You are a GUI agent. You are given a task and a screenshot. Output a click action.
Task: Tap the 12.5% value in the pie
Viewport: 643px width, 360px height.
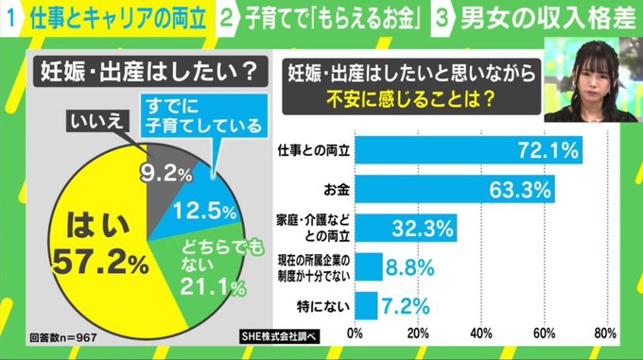pos(204,212)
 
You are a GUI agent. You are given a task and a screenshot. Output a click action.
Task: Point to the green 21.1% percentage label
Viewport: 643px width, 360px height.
pos(213,286)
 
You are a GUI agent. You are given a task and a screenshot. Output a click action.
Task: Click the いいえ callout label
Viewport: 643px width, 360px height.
pos(97,121)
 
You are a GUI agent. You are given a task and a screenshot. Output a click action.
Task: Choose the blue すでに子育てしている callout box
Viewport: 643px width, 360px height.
pos(204,116)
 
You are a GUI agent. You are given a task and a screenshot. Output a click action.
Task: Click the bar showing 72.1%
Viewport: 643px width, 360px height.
pos(468,150)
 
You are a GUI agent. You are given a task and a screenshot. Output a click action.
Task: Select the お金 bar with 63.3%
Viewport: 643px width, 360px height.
pos(455,189)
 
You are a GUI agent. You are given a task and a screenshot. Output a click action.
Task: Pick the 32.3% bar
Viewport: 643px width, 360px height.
pos(406,228)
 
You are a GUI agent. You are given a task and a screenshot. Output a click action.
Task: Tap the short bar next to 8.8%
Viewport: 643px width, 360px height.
pos(369,267)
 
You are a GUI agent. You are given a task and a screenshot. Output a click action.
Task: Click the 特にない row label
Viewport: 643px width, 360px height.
pos(323,306)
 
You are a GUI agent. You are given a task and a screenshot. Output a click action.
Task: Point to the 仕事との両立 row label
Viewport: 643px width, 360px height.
pos(314,151)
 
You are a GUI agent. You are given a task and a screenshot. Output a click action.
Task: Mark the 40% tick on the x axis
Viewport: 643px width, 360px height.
pos(481,334)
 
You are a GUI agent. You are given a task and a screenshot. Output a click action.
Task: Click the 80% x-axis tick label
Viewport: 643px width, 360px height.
pos(605,334)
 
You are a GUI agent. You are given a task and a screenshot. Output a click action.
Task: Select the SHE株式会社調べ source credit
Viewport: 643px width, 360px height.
pos(279,336)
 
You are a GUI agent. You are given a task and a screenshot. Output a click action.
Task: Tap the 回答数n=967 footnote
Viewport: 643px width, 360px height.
pos(63,337)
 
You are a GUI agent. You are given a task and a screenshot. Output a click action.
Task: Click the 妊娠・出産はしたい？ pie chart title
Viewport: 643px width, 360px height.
pos(149,72)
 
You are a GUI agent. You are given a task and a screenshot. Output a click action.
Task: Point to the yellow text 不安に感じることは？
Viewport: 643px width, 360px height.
pos(410,98)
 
